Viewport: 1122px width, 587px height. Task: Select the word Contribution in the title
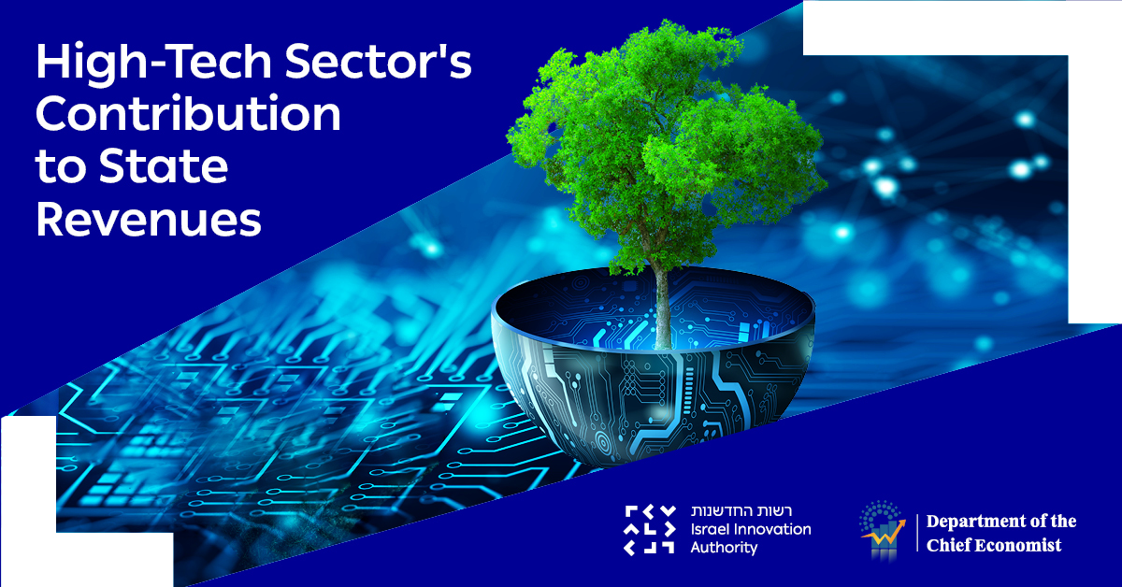point(188,116)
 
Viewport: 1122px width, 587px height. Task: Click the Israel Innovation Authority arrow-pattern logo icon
point(649,529)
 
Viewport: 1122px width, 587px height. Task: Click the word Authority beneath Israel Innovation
point(724,547)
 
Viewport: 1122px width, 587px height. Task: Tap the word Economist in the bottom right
point(1020,545)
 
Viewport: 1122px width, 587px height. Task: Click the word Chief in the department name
point(951,545)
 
